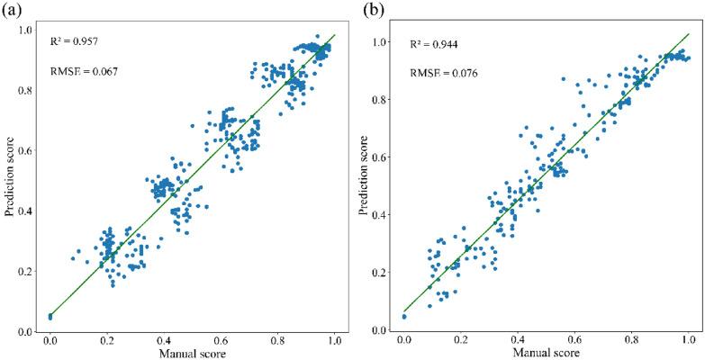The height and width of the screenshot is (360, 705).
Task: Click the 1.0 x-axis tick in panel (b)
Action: coord(688,341)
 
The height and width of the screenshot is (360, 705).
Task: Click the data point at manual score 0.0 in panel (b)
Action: coord(404,317)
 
